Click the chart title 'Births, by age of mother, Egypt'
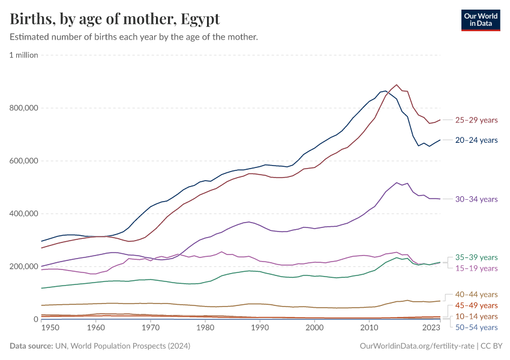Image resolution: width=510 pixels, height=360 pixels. [x=115, y=19]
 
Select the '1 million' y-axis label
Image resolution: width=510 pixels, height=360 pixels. [x=24, y=55]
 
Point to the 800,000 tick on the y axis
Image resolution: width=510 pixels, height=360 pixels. [x=24, y=108]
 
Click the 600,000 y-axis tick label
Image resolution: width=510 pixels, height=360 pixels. [x=24, y=161]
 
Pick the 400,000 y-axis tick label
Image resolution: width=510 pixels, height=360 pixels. [x=24, y=214]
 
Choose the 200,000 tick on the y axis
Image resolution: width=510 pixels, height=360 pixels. [x=24, y=266]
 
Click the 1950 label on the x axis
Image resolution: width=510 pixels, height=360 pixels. [x=50, y=328]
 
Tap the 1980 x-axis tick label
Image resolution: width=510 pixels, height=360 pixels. [x=205, y=328]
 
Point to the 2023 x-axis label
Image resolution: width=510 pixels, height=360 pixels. [x=431, y=328]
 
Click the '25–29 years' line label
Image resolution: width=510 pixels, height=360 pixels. [x=476, y=120]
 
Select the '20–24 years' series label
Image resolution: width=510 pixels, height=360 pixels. [x=476, y=140]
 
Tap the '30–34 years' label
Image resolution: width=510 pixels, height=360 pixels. [x=476, y=199]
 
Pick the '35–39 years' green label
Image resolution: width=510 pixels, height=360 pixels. [x=476, y=257]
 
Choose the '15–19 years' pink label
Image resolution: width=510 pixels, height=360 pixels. [x=476, y=268]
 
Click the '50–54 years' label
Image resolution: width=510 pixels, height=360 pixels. [x=476, y=327]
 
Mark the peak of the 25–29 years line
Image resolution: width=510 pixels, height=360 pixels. [x=397, y=85]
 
